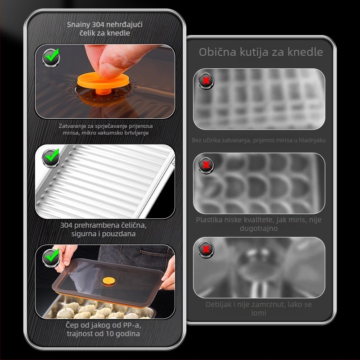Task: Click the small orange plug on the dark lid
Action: (109, 280)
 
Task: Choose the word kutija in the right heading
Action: (254, 52)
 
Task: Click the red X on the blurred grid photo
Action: (206, 81)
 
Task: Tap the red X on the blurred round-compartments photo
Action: (206, 165)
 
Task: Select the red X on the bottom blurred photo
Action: (206, 249)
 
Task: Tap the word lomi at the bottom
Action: (258, 313)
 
